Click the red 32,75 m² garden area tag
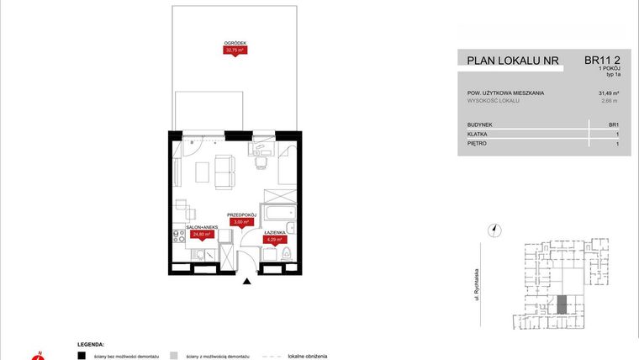click(235, 50)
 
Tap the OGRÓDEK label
click(235, 43)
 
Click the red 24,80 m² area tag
click(202, 235)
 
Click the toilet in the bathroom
click(286, 253)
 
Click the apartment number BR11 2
click(602, 60)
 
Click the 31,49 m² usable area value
click(609, 93)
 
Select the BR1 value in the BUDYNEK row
click(614, 124)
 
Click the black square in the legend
click(82, 355)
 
